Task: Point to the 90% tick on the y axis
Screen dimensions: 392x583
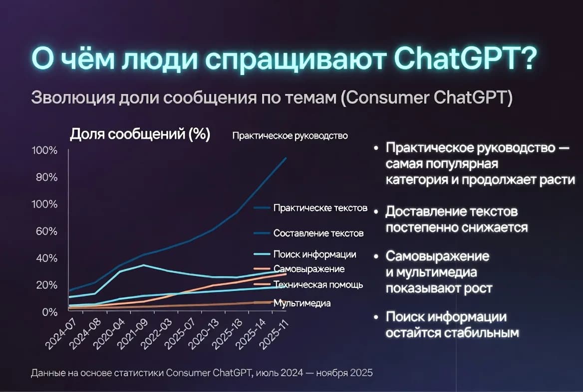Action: point(45,177)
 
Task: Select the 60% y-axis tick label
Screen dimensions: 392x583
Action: point(45,231)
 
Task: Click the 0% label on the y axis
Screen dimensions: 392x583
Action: point(49,312)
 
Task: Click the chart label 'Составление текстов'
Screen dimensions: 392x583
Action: point(318,233)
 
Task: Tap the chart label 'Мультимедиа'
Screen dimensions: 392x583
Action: point(302,303)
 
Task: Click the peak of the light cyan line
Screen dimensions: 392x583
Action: point(143,265)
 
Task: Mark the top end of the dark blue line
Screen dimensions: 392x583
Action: point(286,158)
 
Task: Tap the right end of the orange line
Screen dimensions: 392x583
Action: point(286,274)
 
